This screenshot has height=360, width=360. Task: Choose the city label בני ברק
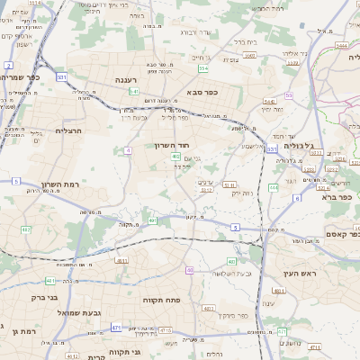click(x=43, y=296)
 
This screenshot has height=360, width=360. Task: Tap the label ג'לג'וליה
click(x=298, y=144)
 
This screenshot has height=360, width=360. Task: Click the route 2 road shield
click(x=8, y=66)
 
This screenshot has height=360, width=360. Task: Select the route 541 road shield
click(x=133, y=91)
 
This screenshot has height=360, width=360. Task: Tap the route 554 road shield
click(x=203, y=68)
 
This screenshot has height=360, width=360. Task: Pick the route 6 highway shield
click(x=297, y=198)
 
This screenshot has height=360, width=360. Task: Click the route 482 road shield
click(x=25, y=230)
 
